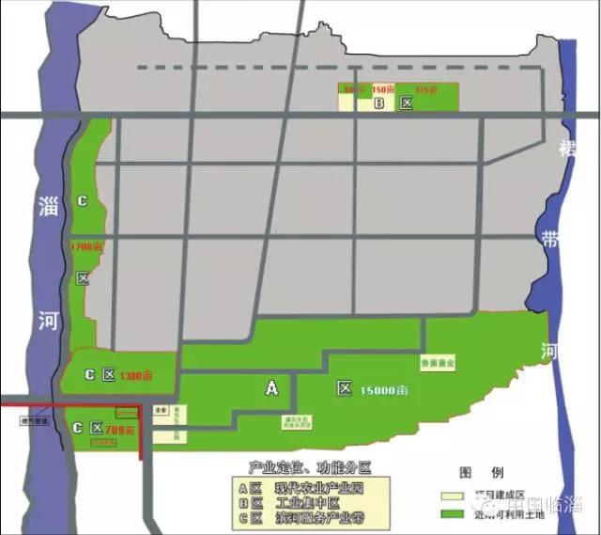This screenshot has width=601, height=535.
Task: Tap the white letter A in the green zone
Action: (272, 386)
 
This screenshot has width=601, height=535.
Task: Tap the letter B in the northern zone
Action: (379, 104)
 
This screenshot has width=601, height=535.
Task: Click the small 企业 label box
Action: (161, 411)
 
